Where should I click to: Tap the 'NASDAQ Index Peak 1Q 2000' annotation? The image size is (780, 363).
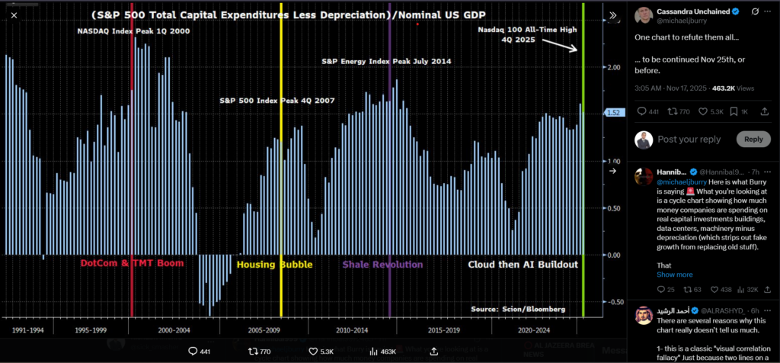click(134, 31)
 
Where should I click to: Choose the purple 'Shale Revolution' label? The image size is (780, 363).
click(382, 265)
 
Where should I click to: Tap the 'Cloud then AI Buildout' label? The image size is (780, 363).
click(523, 265)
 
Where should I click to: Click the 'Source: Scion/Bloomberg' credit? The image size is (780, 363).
click(518, 309)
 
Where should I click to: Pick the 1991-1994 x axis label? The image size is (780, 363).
click(27, 330)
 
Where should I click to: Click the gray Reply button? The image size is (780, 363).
click(753, 139)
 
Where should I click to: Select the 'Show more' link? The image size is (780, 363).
click(675, 275)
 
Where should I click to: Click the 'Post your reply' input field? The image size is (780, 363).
click(688, 140)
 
